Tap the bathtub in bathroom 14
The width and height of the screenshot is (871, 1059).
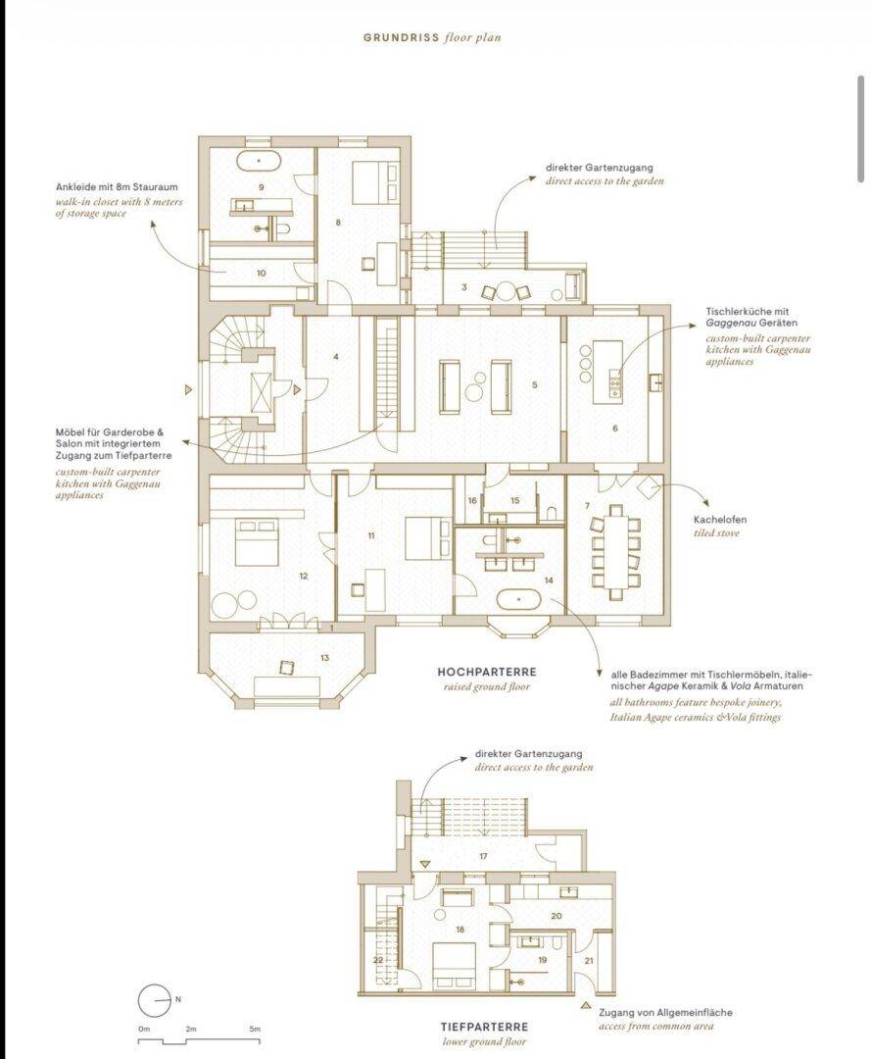(519, 599)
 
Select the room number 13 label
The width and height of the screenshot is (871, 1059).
(324, 658)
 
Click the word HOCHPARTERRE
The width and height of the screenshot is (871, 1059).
(487, 672)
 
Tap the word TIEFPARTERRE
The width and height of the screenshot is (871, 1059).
(484, 1027)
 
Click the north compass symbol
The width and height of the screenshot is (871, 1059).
(155, 1001)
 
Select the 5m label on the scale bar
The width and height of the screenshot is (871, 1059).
(255, 1029)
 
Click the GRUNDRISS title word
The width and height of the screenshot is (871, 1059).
(402, 38)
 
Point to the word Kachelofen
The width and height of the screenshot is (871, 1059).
(720, 520)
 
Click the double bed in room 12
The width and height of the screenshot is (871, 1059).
(256, 541)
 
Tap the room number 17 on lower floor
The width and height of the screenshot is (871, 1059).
(483, 856)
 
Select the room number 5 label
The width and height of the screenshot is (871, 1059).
(534, 385)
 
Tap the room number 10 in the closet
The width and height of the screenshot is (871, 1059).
(261, 273)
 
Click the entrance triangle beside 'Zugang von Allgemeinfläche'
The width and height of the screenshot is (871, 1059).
(585, 1005)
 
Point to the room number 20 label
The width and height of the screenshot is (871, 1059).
(556, 916)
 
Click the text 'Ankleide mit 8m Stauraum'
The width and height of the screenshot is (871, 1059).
(117, 187)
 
